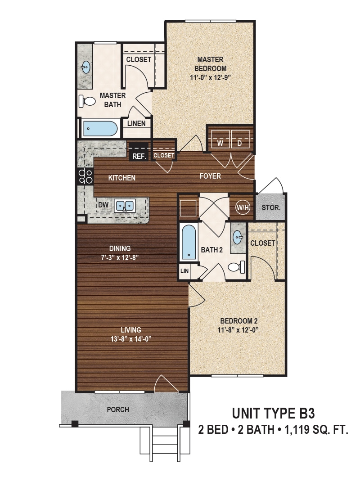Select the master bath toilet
pos(88,101)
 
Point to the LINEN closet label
pos(136,123)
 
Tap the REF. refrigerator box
pos(138,156)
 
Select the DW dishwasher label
pos(103,205)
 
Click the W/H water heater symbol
pos(242,207)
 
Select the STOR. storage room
pos(271,208)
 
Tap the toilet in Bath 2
pos(237,267)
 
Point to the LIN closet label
pos(184,271)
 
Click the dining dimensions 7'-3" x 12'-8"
pos(120,258)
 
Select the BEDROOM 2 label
pos(238,321)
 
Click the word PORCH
pos(118,409)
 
